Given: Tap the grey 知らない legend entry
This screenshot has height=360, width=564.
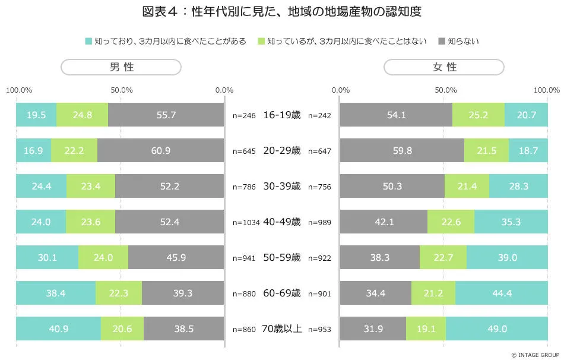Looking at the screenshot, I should coord(458,42).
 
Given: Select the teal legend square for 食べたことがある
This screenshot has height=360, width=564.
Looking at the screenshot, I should coord(88,42).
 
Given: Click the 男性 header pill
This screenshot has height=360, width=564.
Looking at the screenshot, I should coord(121,67).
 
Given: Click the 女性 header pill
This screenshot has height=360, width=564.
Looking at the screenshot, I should coord(444,67).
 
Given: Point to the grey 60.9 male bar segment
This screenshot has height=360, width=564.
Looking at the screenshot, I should coord(160,151).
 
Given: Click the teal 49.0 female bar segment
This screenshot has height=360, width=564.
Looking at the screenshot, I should coord(496,329).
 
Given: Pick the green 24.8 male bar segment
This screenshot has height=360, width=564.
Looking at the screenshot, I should coord(82,115).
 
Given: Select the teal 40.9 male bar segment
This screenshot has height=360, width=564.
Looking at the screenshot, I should coord(58,329).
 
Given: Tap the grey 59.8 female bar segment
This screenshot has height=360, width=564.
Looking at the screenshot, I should coord(402,151).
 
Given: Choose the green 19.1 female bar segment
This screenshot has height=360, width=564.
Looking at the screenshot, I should coord(426,329).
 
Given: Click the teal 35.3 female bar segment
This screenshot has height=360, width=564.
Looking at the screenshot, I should coord(511,222).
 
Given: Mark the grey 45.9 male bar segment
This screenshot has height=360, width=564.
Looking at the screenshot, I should coord(176,258).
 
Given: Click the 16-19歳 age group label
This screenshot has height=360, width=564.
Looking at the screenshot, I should coord(281,115).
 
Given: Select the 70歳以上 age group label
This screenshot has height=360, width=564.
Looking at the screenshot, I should coord(281,329).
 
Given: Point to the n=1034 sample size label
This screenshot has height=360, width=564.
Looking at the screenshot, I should coord(245,223).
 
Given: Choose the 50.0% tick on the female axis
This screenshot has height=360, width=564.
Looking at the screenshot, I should coord(445,90).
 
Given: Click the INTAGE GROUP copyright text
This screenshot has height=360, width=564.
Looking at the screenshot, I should coord(528,354).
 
